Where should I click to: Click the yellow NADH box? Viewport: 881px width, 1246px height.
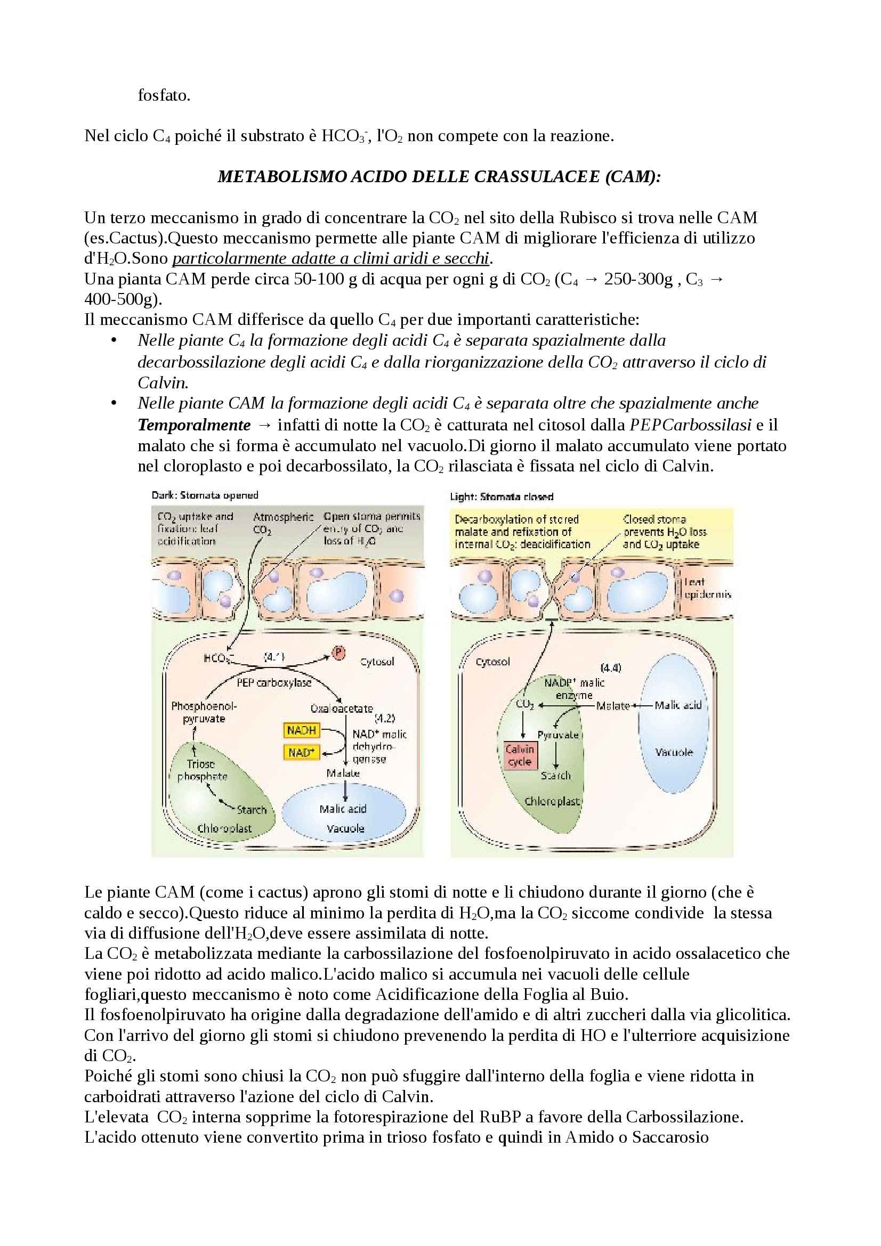[x=301, y=730]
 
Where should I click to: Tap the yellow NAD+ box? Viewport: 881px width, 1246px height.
[x=301, y=753]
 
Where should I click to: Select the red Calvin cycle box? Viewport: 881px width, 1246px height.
[x=520, y=755]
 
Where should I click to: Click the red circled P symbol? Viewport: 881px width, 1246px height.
[x=339, y=653]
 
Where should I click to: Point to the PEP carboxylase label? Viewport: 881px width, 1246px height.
[x=274, y=683]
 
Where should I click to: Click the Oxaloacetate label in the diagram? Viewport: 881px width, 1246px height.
[x=342, y=708]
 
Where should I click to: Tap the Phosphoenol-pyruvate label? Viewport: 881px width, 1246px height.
[x=204, y=712]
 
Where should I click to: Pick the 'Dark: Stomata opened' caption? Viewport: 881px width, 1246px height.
[x=205, y=495]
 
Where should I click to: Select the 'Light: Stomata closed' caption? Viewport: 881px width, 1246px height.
[x=502, y=496]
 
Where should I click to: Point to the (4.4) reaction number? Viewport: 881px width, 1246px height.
[x=611, y=667]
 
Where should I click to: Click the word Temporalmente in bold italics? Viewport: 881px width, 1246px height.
[x=194, y=425]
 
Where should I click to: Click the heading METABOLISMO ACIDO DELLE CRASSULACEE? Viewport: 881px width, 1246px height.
[x=439, y=176]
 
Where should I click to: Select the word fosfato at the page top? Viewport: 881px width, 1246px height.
[x=164, y=95]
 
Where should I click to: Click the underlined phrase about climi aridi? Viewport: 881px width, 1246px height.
[x=330, y=258]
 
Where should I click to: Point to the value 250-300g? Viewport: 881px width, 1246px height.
[x=638, y=279]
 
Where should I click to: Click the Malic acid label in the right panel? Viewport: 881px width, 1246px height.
[x=678, y=705]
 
